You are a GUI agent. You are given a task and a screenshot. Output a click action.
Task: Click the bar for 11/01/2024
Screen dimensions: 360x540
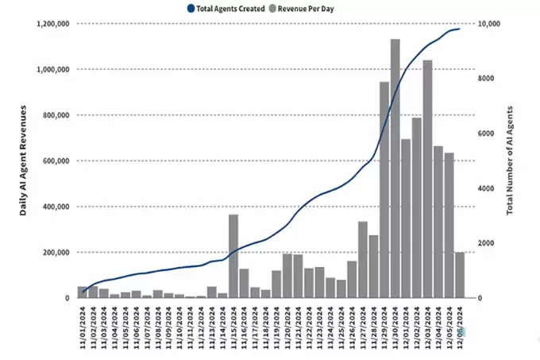pyautogui.click(x=83, y=292)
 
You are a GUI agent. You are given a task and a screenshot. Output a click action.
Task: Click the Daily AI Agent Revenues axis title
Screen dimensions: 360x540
pyautogui.click(x=24, y=162)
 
